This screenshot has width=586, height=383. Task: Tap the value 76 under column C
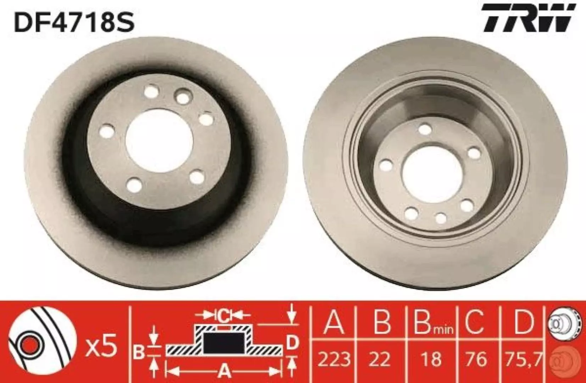pyautogui.click(x=477, y=359)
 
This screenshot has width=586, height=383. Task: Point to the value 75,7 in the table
pyautogui.click(x=521, y=359)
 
